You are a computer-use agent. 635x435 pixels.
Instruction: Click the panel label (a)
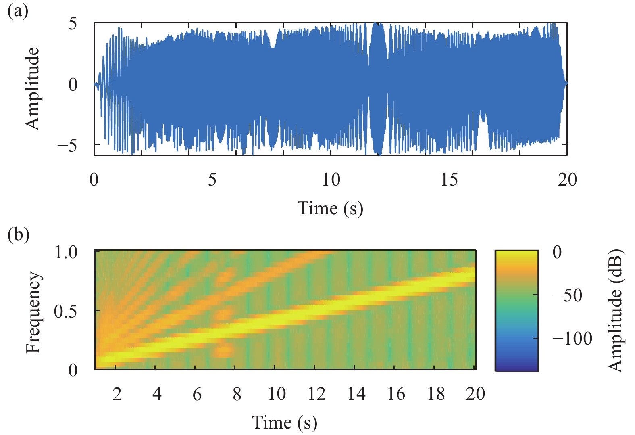click(18, 11)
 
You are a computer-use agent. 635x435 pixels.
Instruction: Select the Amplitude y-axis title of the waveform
click(33, 88)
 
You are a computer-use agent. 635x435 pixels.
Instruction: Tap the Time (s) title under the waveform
click(330, 209)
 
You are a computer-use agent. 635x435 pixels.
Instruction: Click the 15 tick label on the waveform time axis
click(449, 180)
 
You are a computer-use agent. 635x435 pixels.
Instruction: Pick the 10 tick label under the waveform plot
click(331, 180)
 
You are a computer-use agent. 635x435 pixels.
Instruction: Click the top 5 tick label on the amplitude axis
click(73, 23)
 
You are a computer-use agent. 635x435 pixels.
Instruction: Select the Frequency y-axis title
click(33, 312)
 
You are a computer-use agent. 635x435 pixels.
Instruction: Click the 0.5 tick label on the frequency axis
click(66, 311)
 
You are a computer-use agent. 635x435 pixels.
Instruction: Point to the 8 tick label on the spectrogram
click(237, 394)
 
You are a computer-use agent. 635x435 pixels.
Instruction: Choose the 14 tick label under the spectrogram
click(356, 394)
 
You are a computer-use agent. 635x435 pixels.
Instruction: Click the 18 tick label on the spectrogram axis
click(436, 394)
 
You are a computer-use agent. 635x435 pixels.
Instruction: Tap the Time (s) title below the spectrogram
click(285, 422)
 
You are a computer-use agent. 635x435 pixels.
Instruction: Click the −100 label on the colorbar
click(572, 339)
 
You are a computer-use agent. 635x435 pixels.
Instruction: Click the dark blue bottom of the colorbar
click(516, 365)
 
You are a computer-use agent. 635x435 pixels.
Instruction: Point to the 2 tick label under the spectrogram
click(117, 394)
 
